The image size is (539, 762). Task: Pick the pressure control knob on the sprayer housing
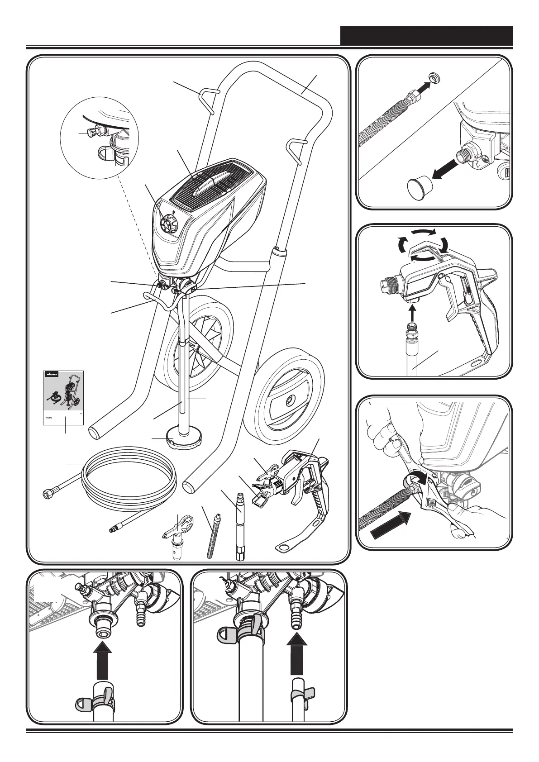169,223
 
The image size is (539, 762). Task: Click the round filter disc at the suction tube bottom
184,439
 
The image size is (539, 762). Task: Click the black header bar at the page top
426,35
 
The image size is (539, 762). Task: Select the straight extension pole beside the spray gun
238,525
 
